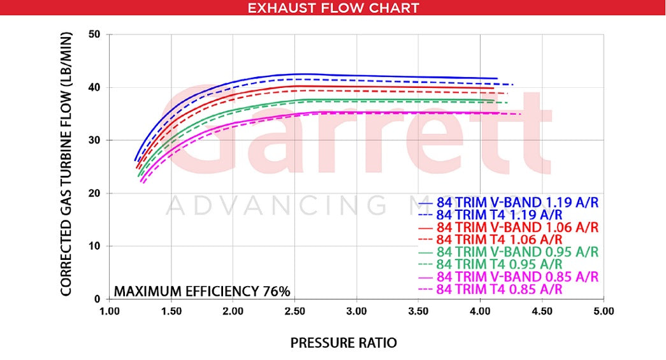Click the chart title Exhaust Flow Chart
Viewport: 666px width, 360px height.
(x=333, y=8)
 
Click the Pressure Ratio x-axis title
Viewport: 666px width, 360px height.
(x=344, y=343)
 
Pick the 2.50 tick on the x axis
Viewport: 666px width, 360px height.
(x=295, y=312)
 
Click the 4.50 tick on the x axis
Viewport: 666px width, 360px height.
(x=542, y=312)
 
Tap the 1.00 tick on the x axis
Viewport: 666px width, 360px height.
(x=110, y=312)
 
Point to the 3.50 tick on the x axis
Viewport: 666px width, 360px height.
(x=419, y=312)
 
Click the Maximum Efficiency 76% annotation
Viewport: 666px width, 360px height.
(x=202, y=292)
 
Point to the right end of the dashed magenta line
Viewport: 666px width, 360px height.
(x=521, y=114)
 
